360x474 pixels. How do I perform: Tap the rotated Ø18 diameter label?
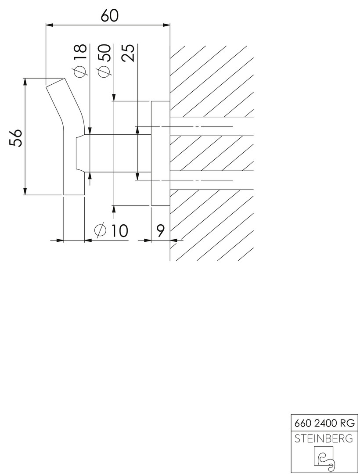click(x=80, y=61)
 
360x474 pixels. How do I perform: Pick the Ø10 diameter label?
click(x=111, y=231)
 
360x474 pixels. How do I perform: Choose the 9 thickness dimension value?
click(x=160, y=231)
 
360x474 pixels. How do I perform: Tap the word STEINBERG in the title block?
click(x=324, y=438)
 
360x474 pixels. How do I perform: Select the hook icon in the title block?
click(x=324, y=459)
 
